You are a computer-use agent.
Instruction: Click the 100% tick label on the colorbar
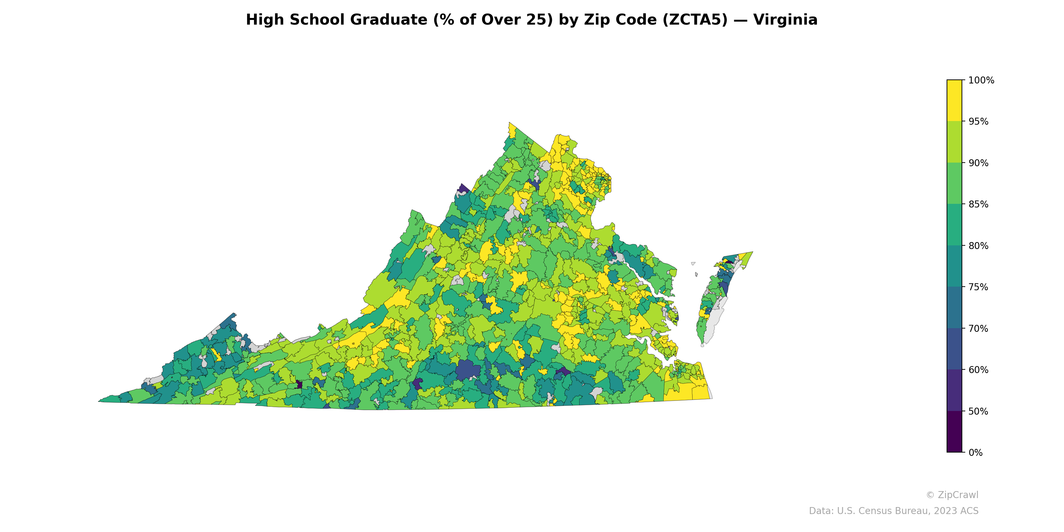981,80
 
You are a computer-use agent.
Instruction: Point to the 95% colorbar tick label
978,121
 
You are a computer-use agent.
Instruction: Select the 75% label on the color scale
978,287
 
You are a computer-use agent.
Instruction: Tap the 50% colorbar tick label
978,411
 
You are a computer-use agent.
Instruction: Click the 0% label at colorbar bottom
975,453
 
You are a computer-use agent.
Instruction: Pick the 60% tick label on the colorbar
978,370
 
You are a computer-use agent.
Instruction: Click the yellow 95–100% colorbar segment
954,100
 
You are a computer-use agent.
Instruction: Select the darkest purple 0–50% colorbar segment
954,432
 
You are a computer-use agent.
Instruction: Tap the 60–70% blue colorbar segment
954,349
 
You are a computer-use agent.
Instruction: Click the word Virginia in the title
785,20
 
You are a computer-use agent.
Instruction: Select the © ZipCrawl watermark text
952,495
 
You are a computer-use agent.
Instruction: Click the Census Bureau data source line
893,511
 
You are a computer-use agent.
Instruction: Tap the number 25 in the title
541,20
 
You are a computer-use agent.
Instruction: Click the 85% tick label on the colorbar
978,204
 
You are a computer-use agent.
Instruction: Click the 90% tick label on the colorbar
978,163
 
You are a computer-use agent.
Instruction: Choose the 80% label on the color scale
978,246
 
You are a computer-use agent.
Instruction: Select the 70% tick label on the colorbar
978,329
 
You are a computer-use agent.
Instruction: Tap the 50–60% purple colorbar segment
954,390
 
